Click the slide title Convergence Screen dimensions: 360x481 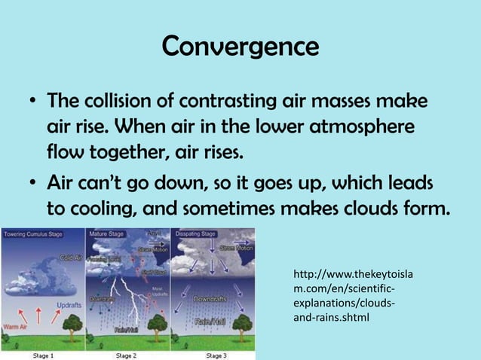click(x=240, y=47)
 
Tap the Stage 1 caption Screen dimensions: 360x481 click(x=42, y=355)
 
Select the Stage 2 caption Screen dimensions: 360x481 click(x=125, y=355)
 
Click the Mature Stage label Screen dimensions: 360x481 click(x=106, y=234)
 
